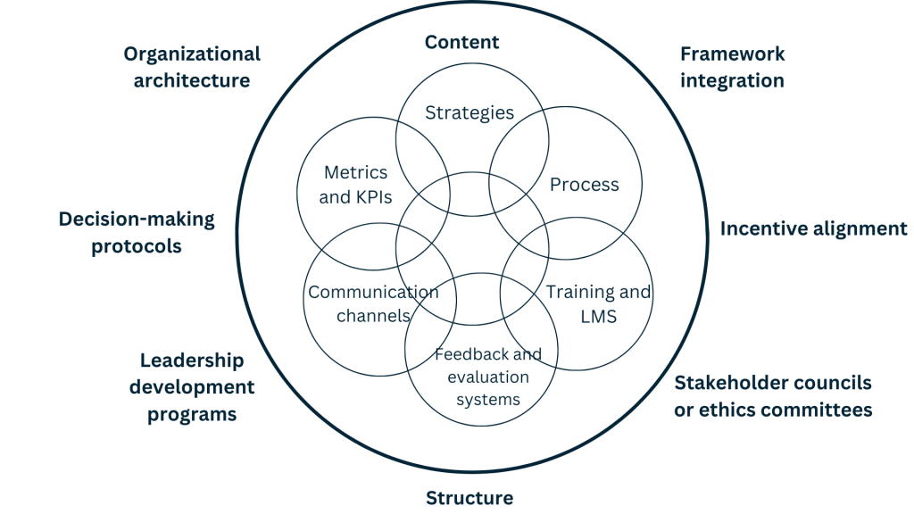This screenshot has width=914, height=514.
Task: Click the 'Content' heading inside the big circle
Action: coord(461,42)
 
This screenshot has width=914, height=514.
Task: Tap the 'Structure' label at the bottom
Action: coord(469,498)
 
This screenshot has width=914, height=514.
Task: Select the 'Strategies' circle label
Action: coord(469,112)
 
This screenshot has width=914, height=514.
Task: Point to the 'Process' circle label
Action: coord(584,185)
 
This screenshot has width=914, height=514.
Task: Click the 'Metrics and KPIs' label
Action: coord(355,185)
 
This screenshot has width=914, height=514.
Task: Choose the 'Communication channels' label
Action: coord(373,303)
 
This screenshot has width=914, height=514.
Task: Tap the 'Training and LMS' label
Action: coord(598,303)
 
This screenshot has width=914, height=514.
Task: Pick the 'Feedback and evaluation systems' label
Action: coord(488,377)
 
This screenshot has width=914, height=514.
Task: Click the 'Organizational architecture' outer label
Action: coord(192,67)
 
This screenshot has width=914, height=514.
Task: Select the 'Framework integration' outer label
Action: coord(732,67)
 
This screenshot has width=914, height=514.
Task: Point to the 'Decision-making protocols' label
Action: coord(137,232)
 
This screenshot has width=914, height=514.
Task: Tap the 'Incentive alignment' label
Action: coord(813,228)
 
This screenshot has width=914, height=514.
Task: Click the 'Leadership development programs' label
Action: coord(192,387)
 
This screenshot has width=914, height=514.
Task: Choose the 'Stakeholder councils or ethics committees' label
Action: coord(773,396)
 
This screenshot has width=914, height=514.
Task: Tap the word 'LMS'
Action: coord(598,316)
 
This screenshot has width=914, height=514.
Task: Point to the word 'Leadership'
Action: coord(192,361)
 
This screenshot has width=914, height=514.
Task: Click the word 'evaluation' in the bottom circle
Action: coord(488,377)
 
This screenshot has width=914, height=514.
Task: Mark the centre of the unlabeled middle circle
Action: coord(472,248)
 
